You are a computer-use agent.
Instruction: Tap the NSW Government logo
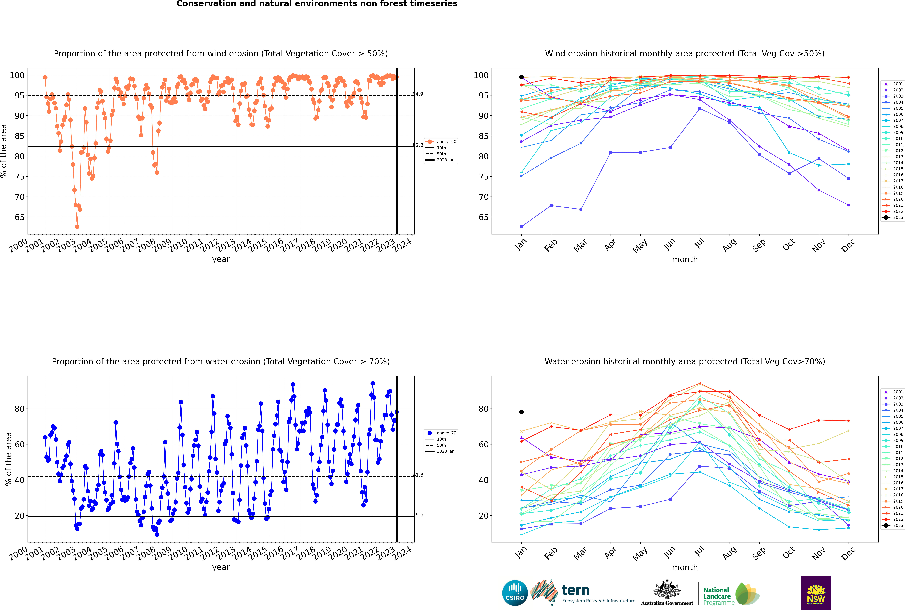click(816, 593)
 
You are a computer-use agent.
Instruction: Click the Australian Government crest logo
click(667, 593)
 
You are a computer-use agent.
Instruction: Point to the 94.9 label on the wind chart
click(418, 94)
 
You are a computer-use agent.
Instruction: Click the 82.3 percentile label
click(418, 145)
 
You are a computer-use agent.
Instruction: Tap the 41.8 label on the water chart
click(418, 475)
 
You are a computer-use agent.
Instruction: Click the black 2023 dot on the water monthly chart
click(521, 412)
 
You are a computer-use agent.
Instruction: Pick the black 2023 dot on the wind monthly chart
click(521, 77)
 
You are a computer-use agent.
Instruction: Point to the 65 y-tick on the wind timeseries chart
click(20, 217)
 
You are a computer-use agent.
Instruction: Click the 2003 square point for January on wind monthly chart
click(521, 226)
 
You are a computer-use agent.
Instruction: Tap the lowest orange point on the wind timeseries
click(77, 227)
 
